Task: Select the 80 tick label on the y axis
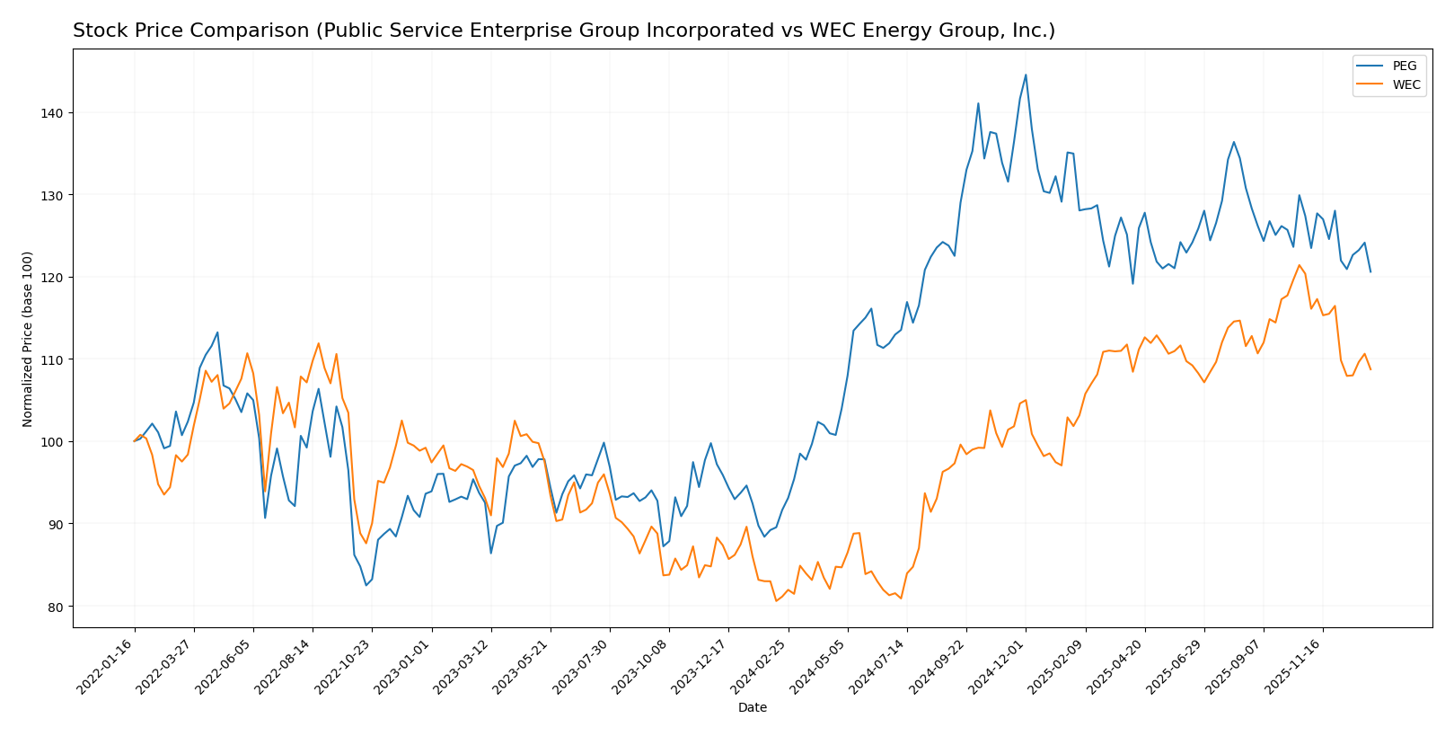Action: [56, 607]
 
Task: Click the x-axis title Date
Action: [752, 708]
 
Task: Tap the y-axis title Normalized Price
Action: [28, 339]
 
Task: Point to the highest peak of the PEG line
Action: [1026, 75]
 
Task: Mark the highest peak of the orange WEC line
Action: [1299, 265]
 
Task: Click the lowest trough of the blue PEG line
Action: [366, 586]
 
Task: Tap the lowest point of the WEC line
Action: [776, 600]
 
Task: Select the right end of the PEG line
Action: [1370, 271]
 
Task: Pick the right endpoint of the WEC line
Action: [1370, 369]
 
